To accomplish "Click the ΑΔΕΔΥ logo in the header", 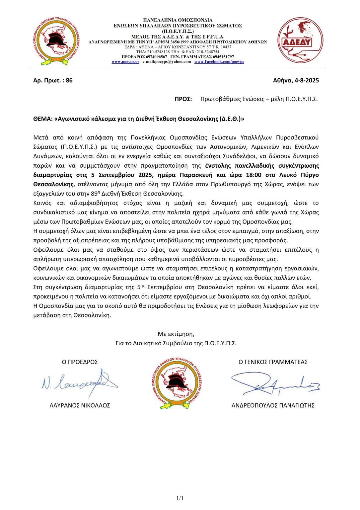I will pyautogui.click(x=300, y=41).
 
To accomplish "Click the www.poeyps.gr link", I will pyautogui.click(x=125, y=62).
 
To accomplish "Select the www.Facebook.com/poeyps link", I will pyautogui.click(x=219, y=62).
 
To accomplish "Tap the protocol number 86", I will pyautogui.click(x=69, y=80).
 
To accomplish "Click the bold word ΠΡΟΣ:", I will pyautogui.click(x=183, y=99).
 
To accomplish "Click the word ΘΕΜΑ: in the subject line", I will pyautogui.click(x=43, y=119).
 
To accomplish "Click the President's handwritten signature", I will pyautogui.click(x=80, y=383).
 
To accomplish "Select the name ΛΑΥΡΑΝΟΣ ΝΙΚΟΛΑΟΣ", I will pyautogui.click(x=80, y=405).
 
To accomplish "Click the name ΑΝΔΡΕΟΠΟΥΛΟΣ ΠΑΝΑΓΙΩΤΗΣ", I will pyautogui.click(x=273, y=405).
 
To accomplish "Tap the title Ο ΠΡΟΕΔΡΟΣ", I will pyautogui.click(x=80, y=362).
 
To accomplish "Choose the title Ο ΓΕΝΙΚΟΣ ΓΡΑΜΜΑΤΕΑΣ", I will pyautogui.click(x=273, y=362).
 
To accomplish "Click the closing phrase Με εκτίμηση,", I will pyautogui.click(x=176, y=334).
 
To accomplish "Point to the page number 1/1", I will pyautogui.click(x=180, y=498).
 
